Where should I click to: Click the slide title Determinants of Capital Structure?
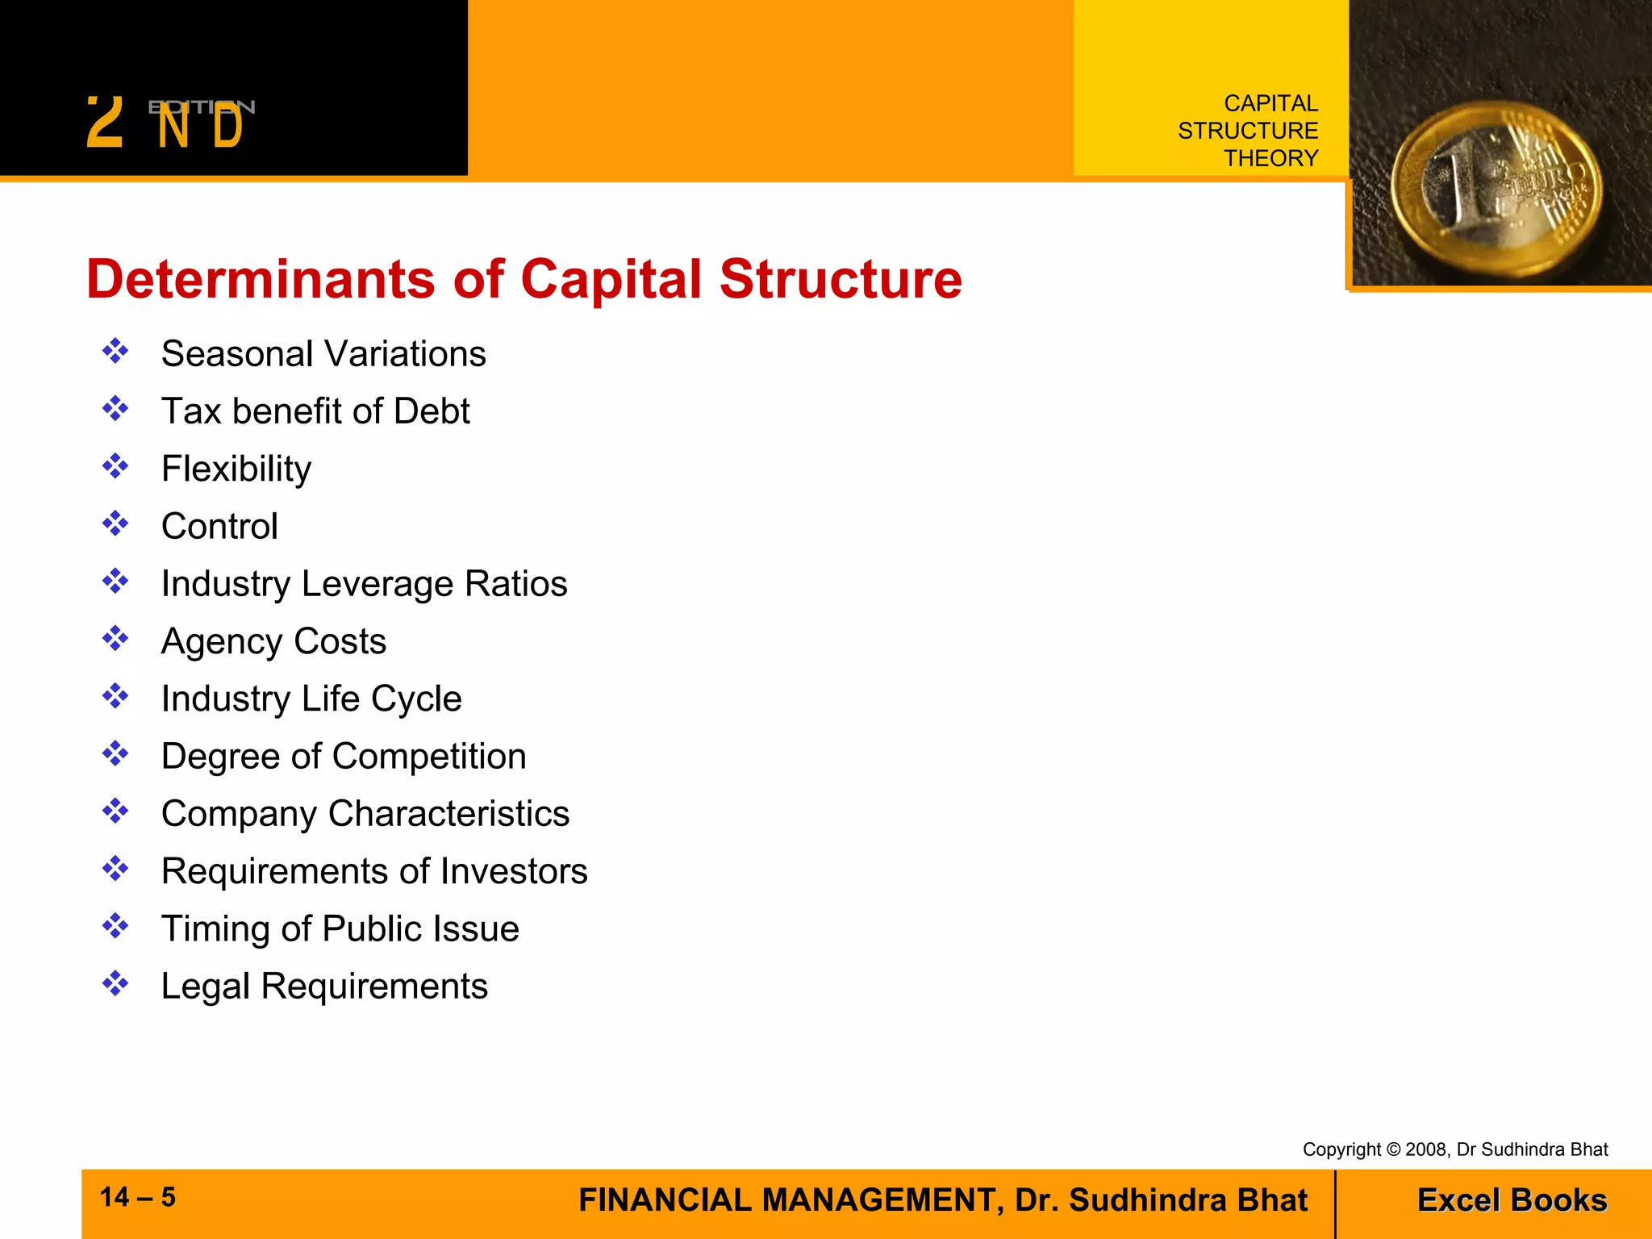pyautogui.click(x=524, y=279)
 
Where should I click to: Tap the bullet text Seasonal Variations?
pyautogui.click(x=323, y=353)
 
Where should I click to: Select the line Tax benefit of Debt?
pyautogui.click(x=315, y=411)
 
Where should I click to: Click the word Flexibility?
pyautogui.click(x=236, y=469)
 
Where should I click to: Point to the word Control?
pyautogui.click(x=219, y=526)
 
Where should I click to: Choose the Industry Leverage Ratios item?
pyautogui.click(x=364, y=584)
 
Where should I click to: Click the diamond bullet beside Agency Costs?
pyautogui.click(x=115, y=639)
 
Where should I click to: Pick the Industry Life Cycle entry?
pyautogui.click(x=311, y=699)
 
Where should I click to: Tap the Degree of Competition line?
pyautogui.click(x=344, y=757)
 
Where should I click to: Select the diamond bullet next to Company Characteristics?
pyautogui.click(x=115, y=811)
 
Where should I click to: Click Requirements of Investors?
pyautogui.click(x=374, y=871)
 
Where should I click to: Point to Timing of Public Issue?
pyautogui.click(x=340, y=928)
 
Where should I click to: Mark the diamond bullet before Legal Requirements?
pyautogui.click(x=115, y=983)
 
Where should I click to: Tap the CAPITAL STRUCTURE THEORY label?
pyautogui.click(x=1248, y=131)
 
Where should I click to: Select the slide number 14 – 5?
pyautogui.click(x=138, y=1197)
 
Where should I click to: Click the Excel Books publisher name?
pyautogui.click(x=1512, y=1200)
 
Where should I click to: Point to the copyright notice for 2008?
pyautogui.click(x=1454, y=1149)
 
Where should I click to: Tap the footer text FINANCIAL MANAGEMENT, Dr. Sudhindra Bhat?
pyautogui.click(x=942, y=1200)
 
